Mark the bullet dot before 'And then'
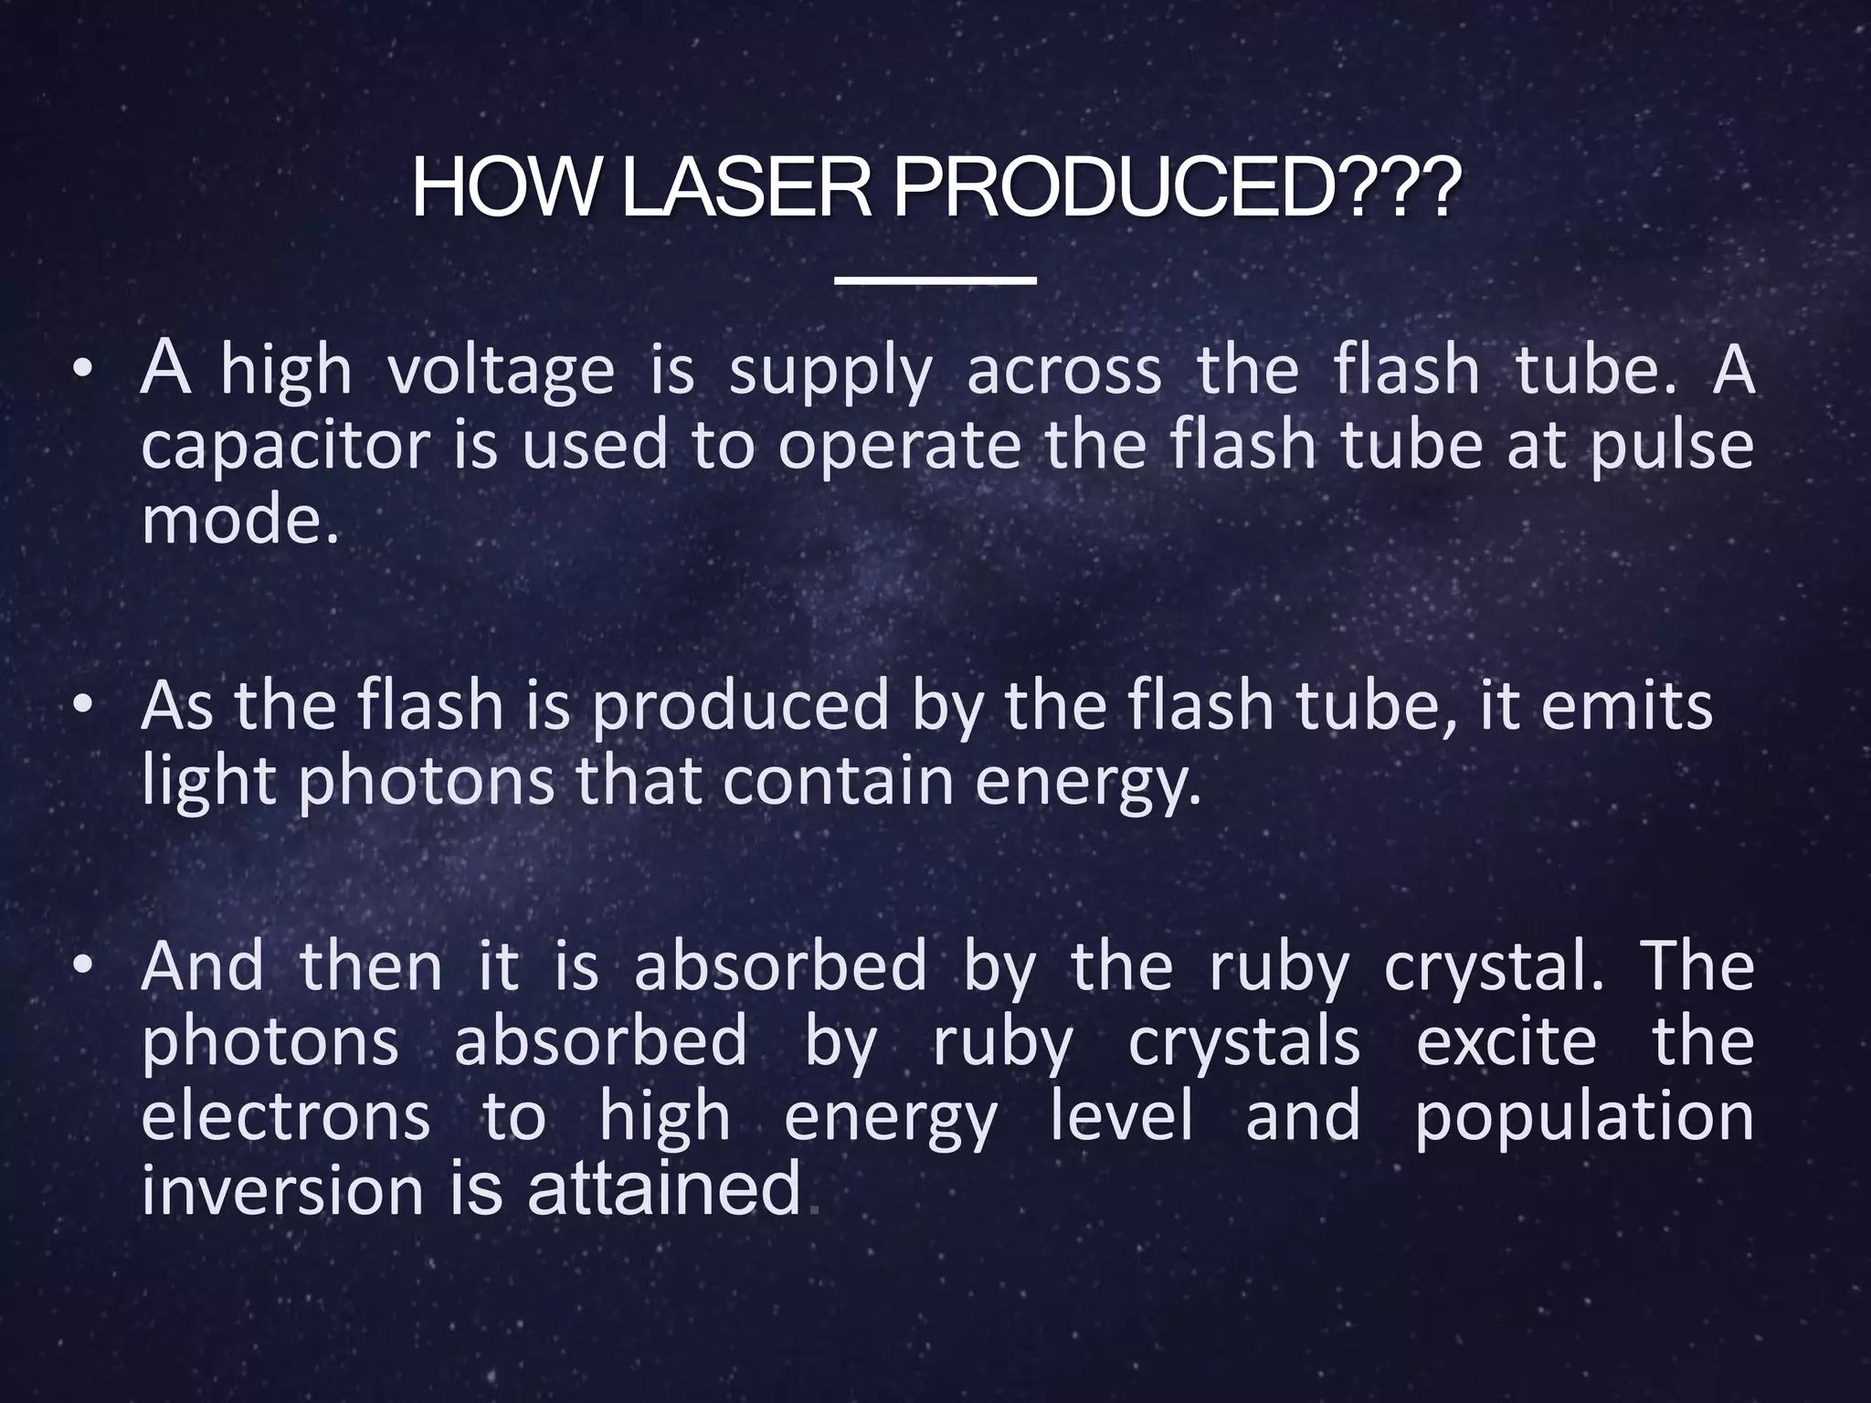[x=83, y=967]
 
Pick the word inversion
[x=282, y=1191]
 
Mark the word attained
[x=664, y=1189]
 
